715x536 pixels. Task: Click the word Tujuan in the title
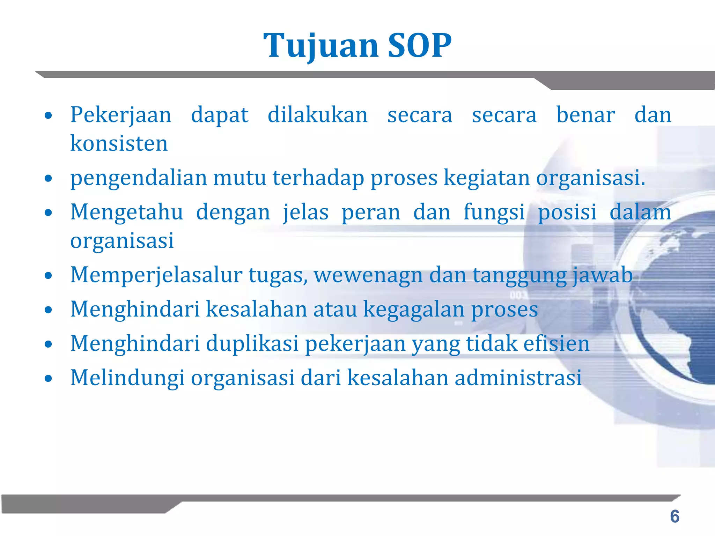coord(320,46)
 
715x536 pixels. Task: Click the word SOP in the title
coord(420,46)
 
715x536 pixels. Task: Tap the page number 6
coord(675,516)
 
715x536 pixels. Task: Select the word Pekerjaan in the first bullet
coord(121,115)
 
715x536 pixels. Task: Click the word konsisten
coord(119,143)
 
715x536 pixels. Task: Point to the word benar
coord(585,115)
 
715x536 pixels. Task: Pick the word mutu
coord(240,178)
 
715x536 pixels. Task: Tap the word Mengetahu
coord(127,212)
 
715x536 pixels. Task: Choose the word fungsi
coord(494,213)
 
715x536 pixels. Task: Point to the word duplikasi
coord(252,344)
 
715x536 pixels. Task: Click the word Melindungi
coord(127,378)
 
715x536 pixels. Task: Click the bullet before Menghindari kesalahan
coord(49,310)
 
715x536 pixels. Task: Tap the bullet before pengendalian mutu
coord(49,178)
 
